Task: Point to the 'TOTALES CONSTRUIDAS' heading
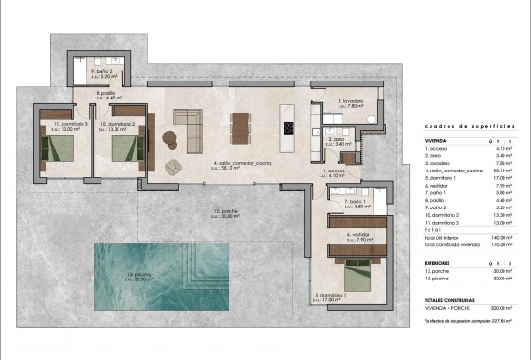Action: tap(449, 299)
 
